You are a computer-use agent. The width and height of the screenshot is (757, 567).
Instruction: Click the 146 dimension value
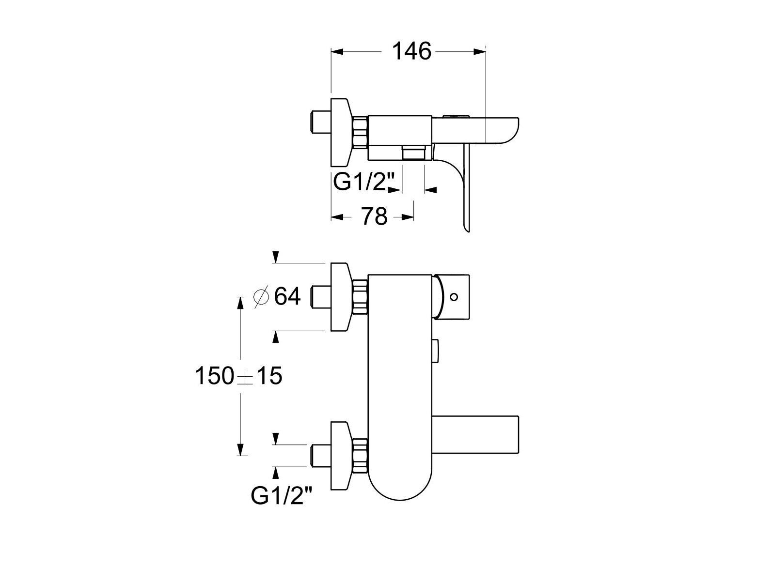click(412, 51)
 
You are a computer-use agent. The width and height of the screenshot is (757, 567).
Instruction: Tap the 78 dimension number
click(375, 216)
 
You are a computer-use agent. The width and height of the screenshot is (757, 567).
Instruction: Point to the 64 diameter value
click(287, 296)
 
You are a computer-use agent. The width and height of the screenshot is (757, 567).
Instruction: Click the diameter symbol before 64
click(261, 296)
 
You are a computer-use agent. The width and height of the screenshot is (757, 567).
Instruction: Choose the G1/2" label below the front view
click(282, 496)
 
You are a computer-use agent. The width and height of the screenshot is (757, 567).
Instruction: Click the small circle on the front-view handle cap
click(454, 297)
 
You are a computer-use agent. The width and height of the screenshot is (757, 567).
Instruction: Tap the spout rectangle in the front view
click(475, 434)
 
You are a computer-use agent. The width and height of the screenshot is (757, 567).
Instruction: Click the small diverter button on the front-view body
click(435, 351)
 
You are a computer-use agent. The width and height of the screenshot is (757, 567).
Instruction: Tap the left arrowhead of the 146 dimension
click(337, 52)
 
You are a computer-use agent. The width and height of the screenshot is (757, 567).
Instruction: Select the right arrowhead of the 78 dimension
click(408, 216)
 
